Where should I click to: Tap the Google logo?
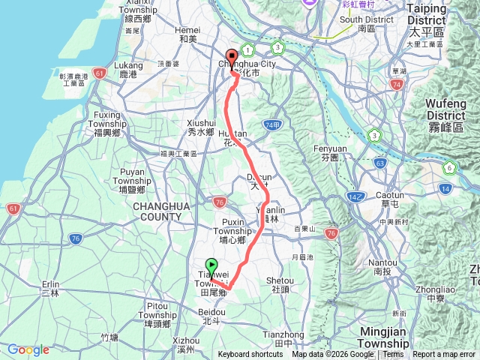click(28, 349)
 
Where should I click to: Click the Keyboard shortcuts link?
click(250, 355)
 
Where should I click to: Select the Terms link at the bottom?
click(393, 355)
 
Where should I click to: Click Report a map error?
click(444, 355)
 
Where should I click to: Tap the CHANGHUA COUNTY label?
click(157, 211)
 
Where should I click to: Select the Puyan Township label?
click(136, 177)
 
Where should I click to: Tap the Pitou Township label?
click(157, 310)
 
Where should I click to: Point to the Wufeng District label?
click(446, 111)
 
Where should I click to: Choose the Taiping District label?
click(426, 13)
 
